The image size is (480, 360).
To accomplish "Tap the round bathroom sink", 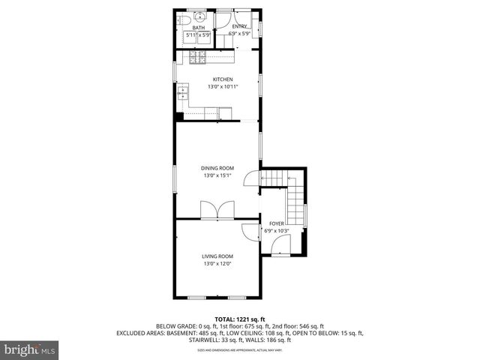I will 200,18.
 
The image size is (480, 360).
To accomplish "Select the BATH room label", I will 198,27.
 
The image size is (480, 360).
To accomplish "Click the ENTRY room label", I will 239,27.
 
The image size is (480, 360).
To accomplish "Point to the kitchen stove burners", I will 201,57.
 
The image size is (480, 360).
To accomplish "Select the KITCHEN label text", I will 223,79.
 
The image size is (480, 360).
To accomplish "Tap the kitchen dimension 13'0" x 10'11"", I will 223,87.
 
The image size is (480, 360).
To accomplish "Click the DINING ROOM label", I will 217,168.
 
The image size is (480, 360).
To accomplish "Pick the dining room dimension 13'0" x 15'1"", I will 217,175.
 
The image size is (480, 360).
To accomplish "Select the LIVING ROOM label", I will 217,256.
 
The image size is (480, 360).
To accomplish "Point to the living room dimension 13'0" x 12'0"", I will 217,264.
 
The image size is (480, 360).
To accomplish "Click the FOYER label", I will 277,223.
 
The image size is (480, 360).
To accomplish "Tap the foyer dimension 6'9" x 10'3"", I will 277,231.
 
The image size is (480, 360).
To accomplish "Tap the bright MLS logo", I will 30,349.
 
